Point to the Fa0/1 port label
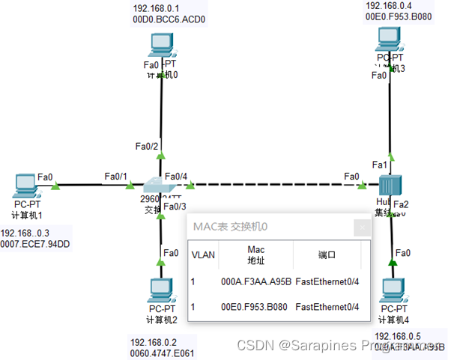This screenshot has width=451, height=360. pos(115,176)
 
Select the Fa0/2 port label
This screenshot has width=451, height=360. pos(147,145)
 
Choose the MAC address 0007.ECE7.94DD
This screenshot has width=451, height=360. pos(35,244)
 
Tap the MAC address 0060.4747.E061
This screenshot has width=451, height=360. pos(163,354)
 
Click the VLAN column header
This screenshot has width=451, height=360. pos(203,254)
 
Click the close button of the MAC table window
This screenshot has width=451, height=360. pos(363,226)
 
